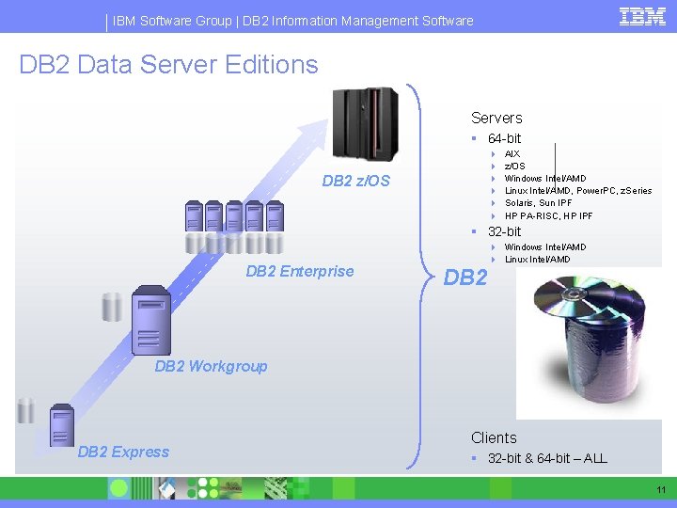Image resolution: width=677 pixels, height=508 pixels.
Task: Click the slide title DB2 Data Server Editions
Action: (x=168, y=65)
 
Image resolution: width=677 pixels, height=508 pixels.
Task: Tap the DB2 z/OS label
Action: (x=355, y=181)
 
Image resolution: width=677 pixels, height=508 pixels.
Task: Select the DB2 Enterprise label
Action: (x=299, y=272)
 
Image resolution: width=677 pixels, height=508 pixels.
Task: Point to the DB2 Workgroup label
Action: (x=211, y=366)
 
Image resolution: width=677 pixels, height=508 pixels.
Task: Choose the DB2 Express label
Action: (x=123, y=452)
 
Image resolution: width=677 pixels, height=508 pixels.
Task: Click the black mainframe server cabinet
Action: (x=366, y=123)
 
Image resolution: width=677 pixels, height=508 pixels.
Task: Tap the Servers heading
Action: (x=496, y=118)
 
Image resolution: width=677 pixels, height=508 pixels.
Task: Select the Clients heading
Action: (x=494, y=437)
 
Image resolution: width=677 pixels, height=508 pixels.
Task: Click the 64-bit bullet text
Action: (x=504, y=138)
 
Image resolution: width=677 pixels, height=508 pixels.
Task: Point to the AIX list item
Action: (x=512, y=153)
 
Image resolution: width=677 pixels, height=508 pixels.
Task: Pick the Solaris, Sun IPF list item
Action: (x=537, y=203)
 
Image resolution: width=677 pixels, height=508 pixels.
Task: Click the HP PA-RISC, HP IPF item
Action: (x=548, y=215)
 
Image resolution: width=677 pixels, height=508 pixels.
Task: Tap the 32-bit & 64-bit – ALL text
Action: (x=547, y=458)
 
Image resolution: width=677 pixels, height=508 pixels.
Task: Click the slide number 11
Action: (x=660, y=490)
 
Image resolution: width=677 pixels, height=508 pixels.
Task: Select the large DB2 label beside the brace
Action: (x=465, y=278)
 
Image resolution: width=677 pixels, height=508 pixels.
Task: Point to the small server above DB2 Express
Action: (x=62, y=423)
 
